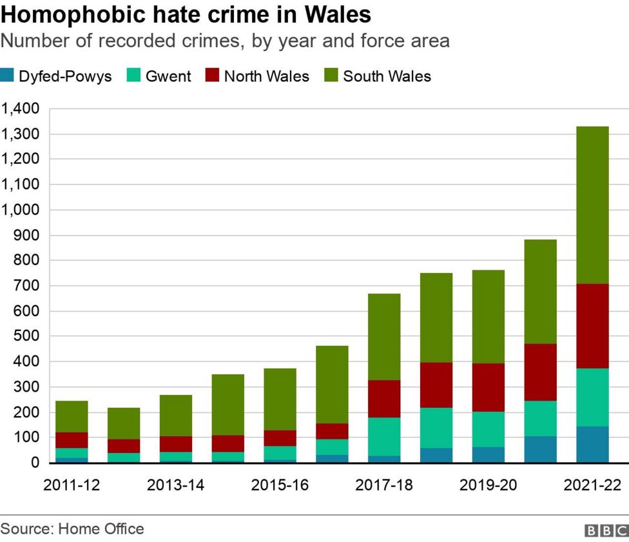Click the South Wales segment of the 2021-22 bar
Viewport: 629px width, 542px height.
click(x=592, y=205)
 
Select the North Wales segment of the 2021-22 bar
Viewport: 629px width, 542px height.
click(x=592, y=326)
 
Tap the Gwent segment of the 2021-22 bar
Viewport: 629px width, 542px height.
click(x=592, y=397)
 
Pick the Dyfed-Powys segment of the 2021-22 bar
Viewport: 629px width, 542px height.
click(x=592, y=445)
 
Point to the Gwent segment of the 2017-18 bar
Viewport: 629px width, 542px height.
click(x=384, y=436)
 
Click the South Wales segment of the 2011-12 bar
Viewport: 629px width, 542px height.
click(x=72, y=416)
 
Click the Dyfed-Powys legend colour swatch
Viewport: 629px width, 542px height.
click(x=8, y=76)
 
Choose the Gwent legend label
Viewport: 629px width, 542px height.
click(x=168, y=76)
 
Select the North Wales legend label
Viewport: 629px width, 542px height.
click(x=266, y=76)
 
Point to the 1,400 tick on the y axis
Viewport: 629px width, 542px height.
click(x=21, y=108)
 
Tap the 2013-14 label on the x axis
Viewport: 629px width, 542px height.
click(x=175, y=485)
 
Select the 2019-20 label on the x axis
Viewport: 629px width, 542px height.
click(x=488, y=485)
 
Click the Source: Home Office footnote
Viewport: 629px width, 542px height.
click(x=72, y=529)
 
